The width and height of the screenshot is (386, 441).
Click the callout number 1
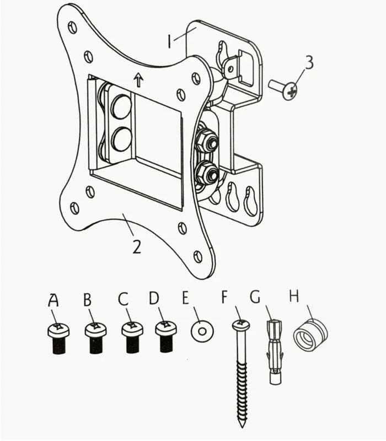tap(169, 41)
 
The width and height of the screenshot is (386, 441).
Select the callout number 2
tap(137, 246)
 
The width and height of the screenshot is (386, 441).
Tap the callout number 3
tap(309, 62)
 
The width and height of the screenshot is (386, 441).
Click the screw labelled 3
tap(282, 89)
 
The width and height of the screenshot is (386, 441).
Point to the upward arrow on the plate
tap(138, 79)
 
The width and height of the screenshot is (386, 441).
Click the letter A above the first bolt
tap(53, 300)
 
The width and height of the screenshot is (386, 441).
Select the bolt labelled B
tap(96, 338)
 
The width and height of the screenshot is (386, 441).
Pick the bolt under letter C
tap(132, 337)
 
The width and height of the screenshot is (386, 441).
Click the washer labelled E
tap(202, 331)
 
